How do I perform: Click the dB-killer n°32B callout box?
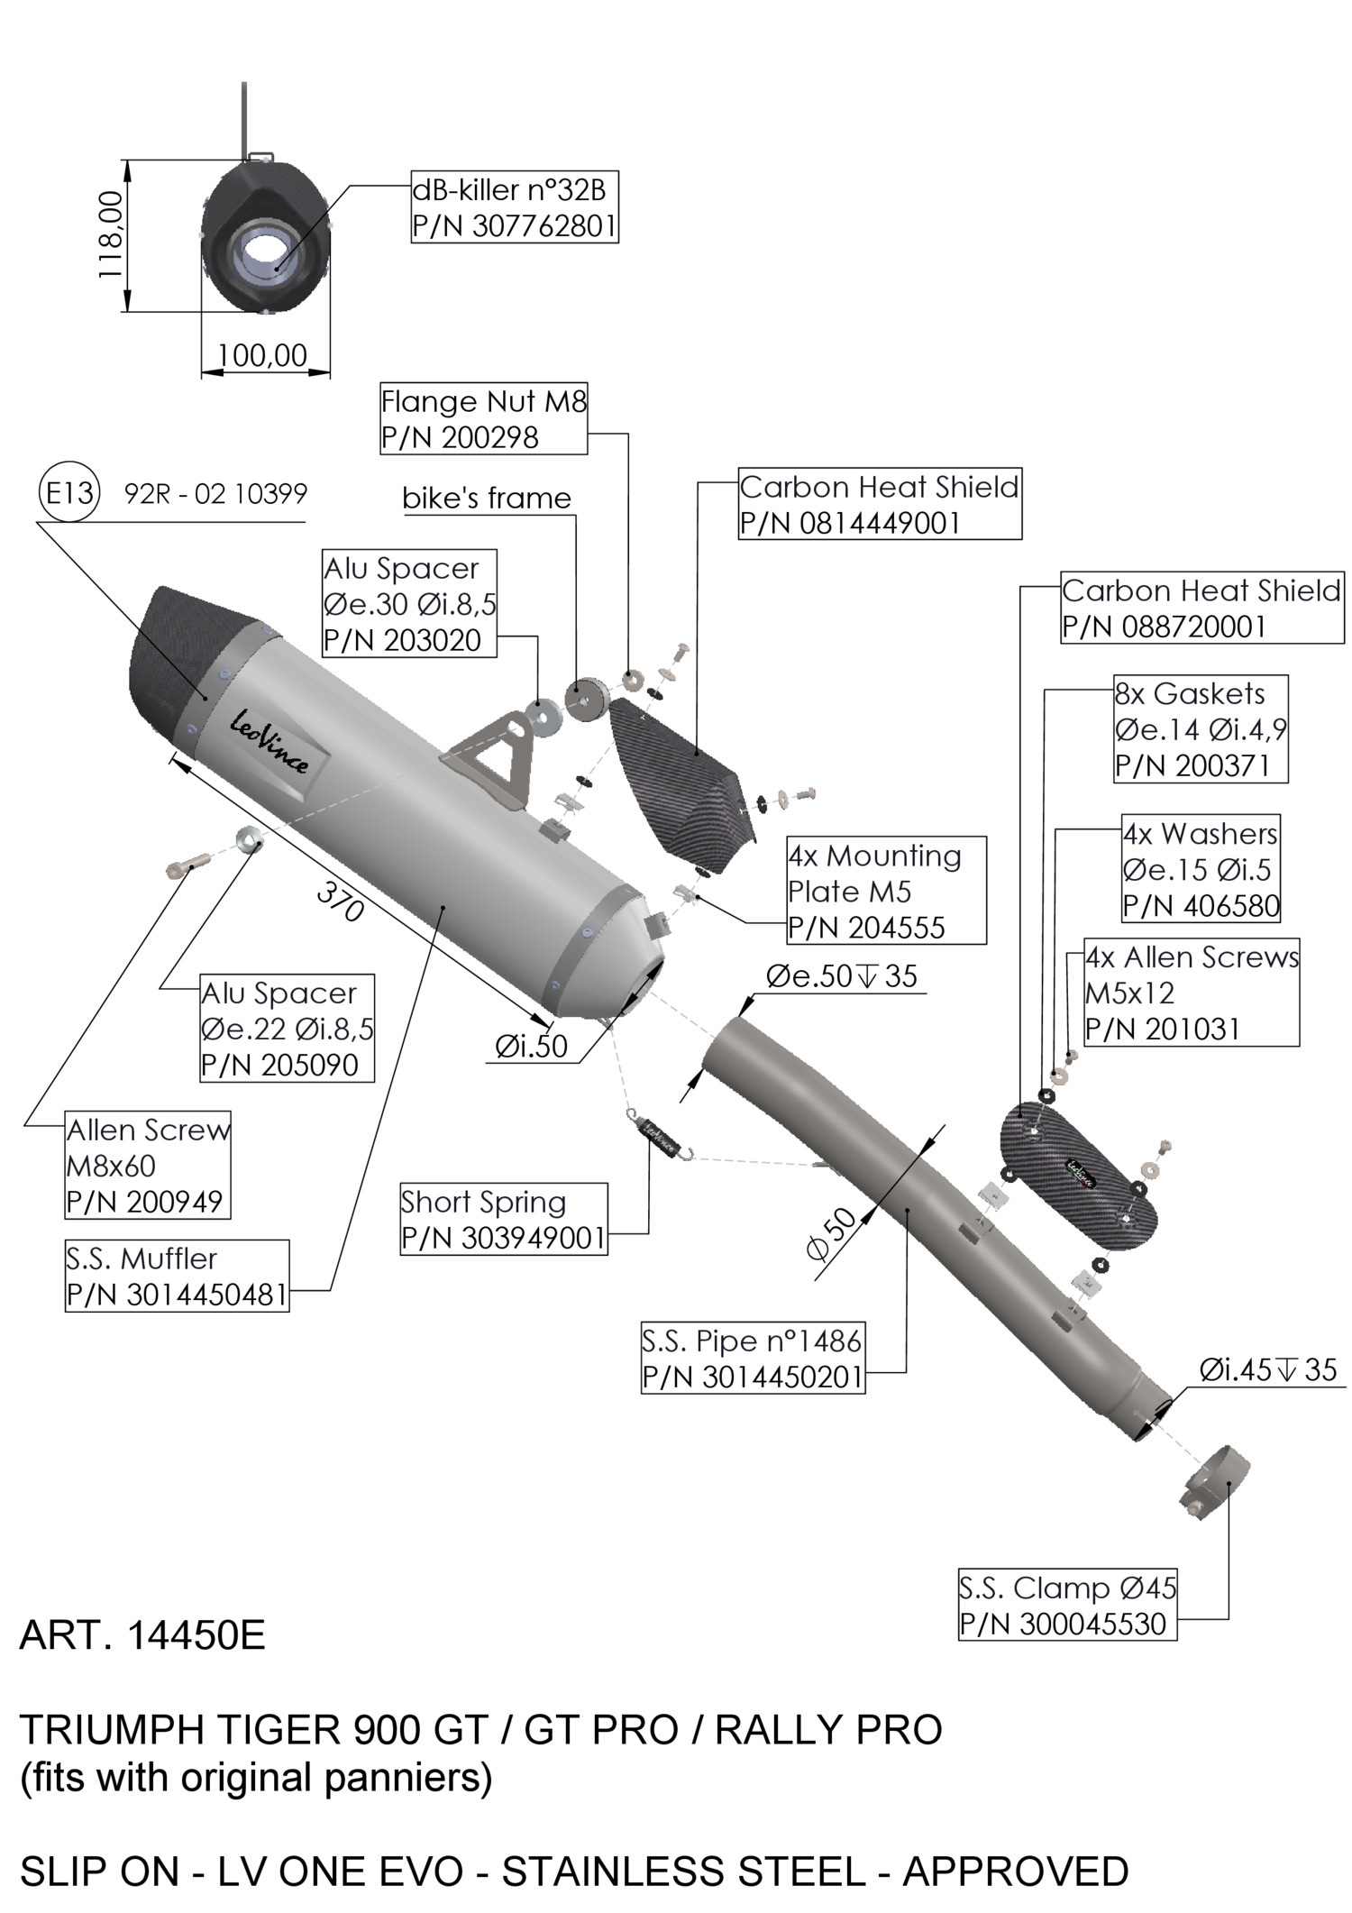(515, 207)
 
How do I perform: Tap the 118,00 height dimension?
(112, 235)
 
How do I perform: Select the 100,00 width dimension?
(262, 355)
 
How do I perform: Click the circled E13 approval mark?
(69, 493)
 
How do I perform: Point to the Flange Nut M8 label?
(483, 418)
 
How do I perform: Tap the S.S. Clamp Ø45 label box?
(1067, 1606)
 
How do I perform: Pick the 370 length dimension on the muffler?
(341, 901)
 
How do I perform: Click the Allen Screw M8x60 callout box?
(149, 1165)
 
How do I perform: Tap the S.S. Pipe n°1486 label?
(753, 1359)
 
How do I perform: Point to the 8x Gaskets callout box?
(1200, 729)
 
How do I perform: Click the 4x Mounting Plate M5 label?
(886, 891)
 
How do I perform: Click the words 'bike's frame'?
(487, 499)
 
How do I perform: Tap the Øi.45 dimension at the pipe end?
(1267, 1370)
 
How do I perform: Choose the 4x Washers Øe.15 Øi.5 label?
(1201, 869)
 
